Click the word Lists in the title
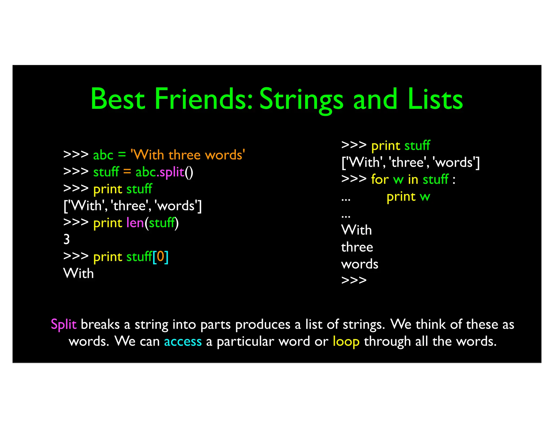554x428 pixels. (435, 99)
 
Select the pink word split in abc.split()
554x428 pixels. (172, 172)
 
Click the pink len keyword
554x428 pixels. (135, 223)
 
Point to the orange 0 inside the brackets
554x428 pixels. (160, 256)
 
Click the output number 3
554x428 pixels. (67, 239)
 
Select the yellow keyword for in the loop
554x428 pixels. (380, 179)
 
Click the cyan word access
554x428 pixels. (183, 341)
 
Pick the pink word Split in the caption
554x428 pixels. (64, 325)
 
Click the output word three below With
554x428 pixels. (357, 247)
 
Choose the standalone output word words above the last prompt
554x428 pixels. (360, 264)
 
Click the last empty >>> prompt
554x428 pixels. (354, 280)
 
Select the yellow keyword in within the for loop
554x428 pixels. (413, 179)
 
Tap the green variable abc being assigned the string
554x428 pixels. (103, 155)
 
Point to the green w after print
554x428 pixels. (425, 197)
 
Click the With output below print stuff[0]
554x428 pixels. (78, 273)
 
